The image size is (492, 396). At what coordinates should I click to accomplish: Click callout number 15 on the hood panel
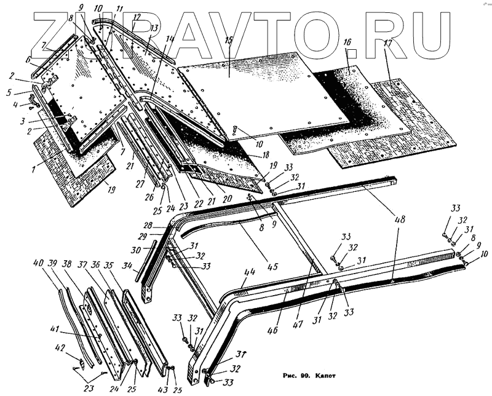click(x=229, y=41)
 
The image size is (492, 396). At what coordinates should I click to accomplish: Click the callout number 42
click(x=60, y=348)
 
